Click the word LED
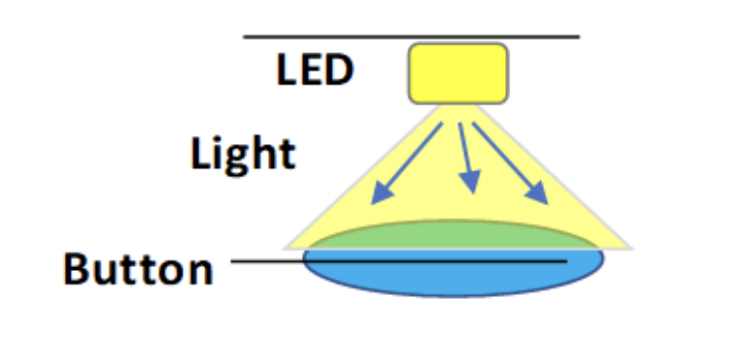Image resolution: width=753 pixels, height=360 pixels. (x=315, y=70)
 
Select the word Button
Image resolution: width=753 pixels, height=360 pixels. (x=137, y=269)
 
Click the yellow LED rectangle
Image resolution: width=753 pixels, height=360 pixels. (x=458, y=74)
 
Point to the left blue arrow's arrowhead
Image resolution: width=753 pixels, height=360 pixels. (x=381, y=194)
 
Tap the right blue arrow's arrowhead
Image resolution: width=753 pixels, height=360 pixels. (x=537, y=193)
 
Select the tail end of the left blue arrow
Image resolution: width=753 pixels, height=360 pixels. (x=441, y=123)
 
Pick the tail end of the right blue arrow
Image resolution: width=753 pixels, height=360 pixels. (x=473, y=123)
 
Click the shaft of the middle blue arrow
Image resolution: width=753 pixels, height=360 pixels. (x=465, y=147)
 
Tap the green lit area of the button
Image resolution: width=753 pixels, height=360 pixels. (x=453, y=235)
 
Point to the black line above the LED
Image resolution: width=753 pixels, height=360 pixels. (x=411, y=37)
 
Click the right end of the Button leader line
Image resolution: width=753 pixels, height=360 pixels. (x=566, y=261)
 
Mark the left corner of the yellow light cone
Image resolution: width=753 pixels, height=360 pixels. (x=285, y=248)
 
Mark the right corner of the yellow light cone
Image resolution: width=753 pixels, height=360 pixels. (x=632, y=248)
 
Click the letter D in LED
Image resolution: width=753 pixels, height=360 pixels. (x=339, y=70)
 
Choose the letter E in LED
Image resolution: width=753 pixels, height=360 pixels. (x=312, y=70)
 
